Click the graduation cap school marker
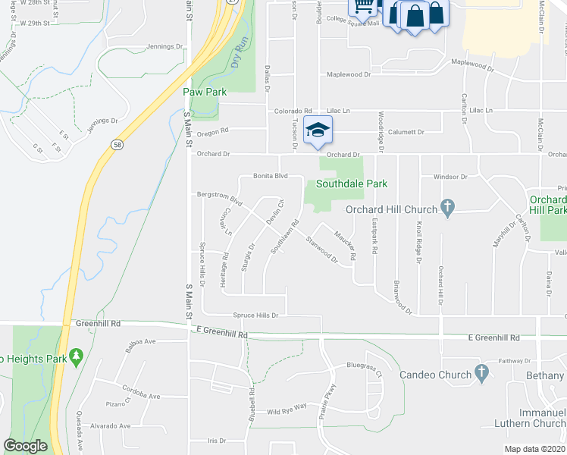[318, 130]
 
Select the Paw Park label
[205, 92]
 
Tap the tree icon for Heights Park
[75, 356]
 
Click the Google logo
[25, 446]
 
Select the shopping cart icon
[363, 7]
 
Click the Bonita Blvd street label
[271, 175]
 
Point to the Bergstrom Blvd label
[218, 199]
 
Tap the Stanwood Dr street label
[322, 250]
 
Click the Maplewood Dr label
[349, 74]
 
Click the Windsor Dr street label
[450, 176]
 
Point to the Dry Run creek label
[239, 58]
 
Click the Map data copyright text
[535, 449]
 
